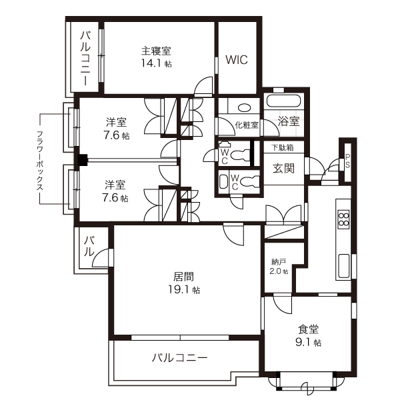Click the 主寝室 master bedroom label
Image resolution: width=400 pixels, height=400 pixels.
pyautogui.click(x=157, y=51)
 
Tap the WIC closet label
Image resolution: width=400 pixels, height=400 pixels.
pyautogui.click(x=236, y=59)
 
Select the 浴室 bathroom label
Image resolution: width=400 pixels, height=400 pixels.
pyautogui.click(x=289, y=121)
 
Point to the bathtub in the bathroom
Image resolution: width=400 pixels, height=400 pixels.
pyautogui.click(x=285, y=101)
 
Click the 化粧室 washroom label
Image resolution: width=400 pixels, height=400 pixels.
pyautogui.click(x=246, y=125)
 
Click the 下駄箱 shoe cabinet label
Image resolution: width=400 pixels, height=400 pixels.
pyautogui.click(x=282, y=147)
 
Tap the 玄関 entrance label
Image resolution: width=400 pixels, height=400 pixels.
pyautogui.click(x=283, y=168)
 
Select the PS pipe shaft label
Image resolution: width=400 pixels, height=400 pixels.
pyautogui.click(x=347, y=162)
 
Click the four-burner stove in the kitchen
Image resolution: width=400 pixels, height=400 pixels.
pyautogui.click(x=344, y=220)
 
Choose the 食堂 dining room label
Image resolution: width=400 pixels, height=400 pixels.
pyautogui.click(x=308, y=329)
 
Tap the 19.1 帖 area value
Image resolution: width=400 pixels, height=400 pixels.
pyautogui.click(x=186, y=290)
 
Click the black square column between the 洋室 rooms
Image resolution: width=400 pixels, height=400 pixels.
pyautogui.click(x=83, y=160)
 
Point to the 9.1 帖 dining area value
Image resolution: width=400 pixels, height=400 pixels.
pyautogui.click(x=309, y=343)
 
